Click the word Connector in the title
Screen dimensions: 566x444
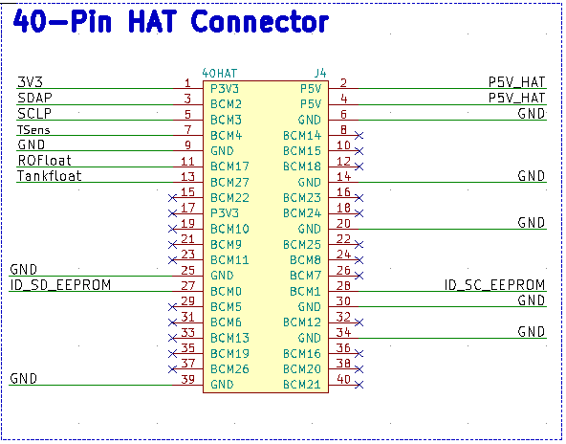(x=259, y=21)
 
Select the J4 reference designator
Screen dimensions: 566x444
(x=320, y=74)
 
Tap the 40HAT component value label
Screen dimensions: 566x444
(x=220, y=74)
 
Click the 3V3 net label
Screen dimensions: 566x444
(x=31, y=82)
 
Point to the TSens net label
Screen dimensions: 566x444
(x=33, y=130)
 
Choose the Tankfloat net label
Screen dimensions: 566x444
(x=50, y=176)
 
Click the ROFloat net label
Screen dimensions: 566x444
(x=45, y=160)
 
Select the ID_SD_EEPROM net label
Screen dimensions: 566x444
(x=60, y=285)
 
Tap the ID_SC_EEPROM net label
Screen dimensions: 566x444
(x=494, y=285)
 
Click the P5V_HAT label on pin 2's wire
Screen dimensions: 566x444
(x=516, y=82)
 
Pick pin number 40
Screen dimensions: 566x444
(x=343, y=379)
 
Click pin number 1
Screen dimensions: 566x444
(x=187, y=83)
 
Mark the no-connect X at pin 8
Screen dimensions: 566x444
(x=359, y=136)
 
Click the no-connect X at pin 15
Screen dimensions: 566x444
(x=172, y=198)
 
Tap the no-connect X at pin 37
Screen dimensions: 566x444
(x=172, y=369)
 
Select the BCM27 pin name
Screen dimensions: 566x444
(x=229, y=182)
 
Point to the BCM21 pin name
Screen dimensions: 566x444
(x=302, y=385)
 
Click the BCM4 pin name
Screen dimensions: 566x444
(x=226, y=136)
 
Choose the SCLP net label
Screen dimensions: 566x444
(x=34, y=114)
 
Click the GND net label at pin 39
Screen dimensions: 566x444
(x=24, y=379)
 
